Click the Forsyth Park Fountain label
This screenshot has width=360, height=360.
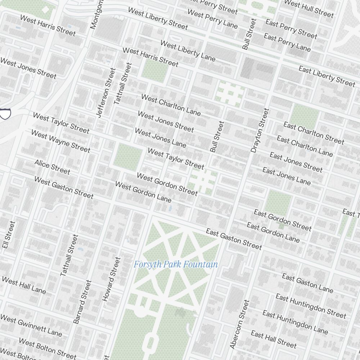(176, 265)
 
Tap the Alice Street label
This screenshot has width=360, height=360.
(52, 167)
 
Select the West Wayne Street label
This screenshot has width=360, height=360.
(60, 141)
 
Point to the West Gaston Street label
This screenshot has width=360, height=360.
(64, 187)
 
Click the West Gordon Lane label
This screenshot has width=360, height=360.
(143, 191)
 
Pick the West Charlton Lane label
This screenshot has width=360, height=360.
(171, 104)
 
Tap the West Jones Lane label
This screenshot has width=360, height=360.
(160, 138)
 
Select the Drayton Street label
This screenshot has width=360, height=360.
(260, 130)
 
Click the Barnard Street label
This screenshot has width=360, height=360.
(82, 302)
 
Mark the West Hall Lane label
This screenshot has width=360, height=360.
(24, 285)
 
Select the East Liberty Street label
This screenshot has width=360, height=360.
(327, 76)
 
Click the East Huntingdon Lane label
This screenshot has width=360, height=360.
(295, 322)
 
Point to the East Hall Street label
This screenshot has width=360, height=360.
(274, 339)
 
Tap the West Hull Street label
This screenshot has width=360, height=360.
(309, 8)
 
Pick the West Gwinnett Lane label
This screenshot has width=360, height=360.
(31, 325)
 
